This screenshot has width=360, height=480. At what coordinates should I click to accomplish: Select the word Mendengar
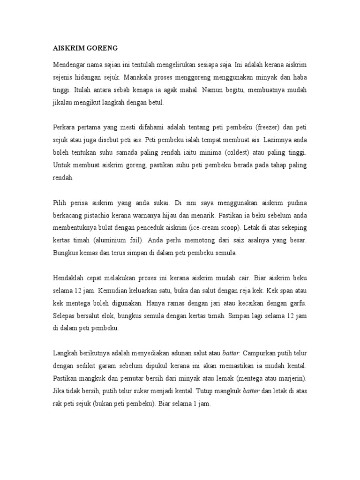(69, 64)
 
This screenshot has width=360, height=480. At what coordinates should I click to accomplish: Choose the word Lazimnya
(284, 140)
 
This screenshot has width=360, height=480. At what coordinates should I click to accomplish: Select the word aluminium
(113, 241)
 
